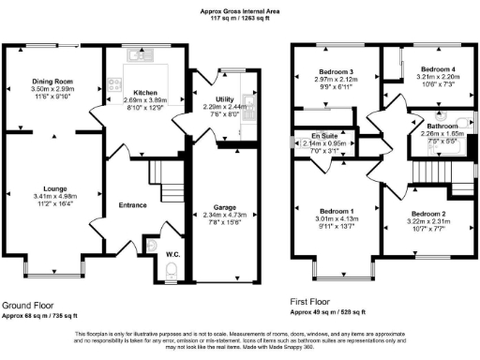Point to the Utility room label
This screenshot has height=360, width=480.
[x=217, y=98]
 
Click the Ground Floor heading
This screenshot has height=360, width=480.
[x=26, y=306]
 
